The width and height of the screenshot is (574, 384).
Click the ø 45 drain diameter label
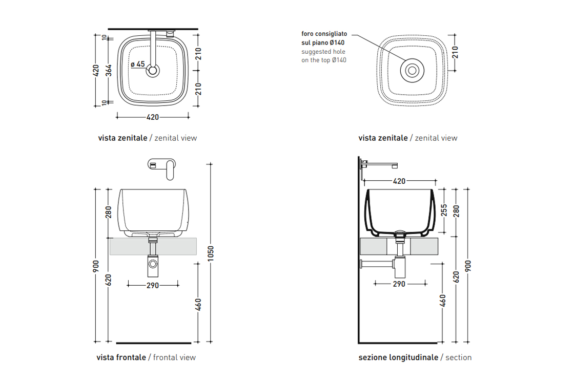[138, 64]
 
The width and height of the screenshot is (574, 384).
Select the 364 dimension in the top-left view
[108, 71]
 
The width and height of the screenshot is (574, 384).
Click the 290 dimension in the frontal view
[153, 285]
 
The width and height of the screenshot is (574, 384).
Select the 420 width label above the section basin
[399, 181]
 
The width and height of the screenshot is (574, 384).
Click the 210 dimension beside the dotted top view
[455, 52]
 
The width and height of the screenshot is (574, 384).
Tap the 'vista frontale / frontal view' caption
[146, 357]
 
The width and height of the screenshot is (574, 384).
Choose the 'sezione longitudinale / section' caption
[415, 357]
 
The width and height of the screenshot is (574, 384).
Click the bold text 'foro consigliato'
[324, 34]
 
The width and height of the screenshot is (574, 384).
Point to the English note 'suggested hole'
[323, 52]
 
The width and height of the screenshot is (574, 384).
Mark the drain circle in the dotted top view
[411, 70]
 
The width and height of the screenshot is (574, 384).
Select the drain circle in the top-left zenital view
[152, 71]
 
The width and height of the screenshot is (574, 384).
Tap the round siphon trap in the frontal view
[153, 264]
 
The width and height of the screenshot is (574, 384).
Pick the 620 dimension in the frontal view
[108, 279]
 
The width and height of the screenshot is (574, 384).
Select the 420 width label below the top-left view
[153, 117]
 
